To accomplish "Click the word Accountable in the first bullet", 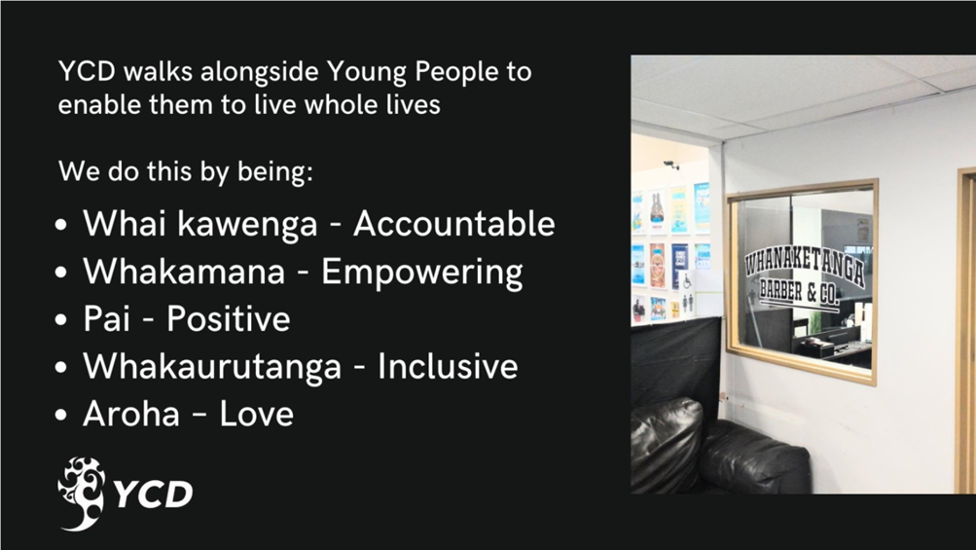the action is point(453,223).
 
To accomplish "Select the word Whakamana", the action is point(184,271).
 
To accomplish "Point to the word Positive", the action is point(229,319).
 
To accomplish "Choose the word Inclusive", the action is point(448,366).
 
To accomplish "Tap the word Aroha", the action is point(131,414).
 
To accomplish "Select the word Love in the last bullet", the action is point(257,414).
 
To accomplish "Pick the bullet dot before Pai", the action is point(60,320).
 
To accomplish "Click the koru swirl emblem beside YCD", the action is point(82,494).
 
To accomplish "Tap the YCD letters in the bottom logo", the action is point(154,495).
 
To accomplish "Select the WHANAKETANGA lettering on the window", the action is point(805,267).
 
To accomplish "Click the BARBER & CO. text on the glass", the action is point(799,293).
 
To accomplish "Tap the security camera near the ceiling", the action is point(671,165).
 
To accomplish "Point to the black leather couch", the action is point(719,446).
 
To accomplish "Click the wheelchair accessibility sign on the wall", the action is point(687,282).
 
